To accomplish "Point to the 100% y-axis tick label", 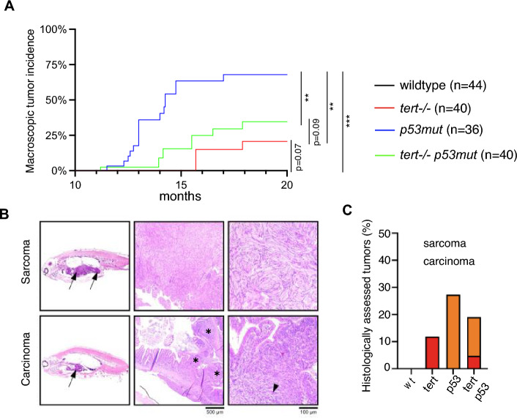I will tap(54, 30).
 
